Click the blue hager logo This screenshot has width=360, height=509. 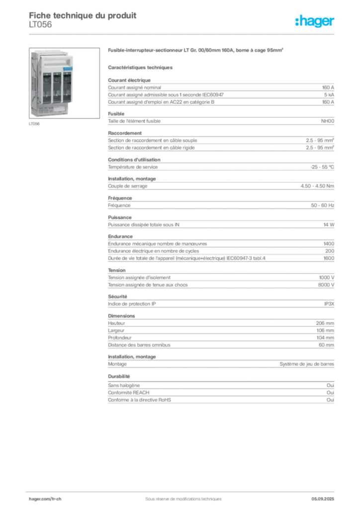click(x=315, y=21)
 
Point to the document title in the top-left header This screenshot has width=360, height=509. click(x=82, y=13)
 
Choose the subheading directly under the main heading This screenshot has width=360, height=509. click(x=141, y=66)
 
